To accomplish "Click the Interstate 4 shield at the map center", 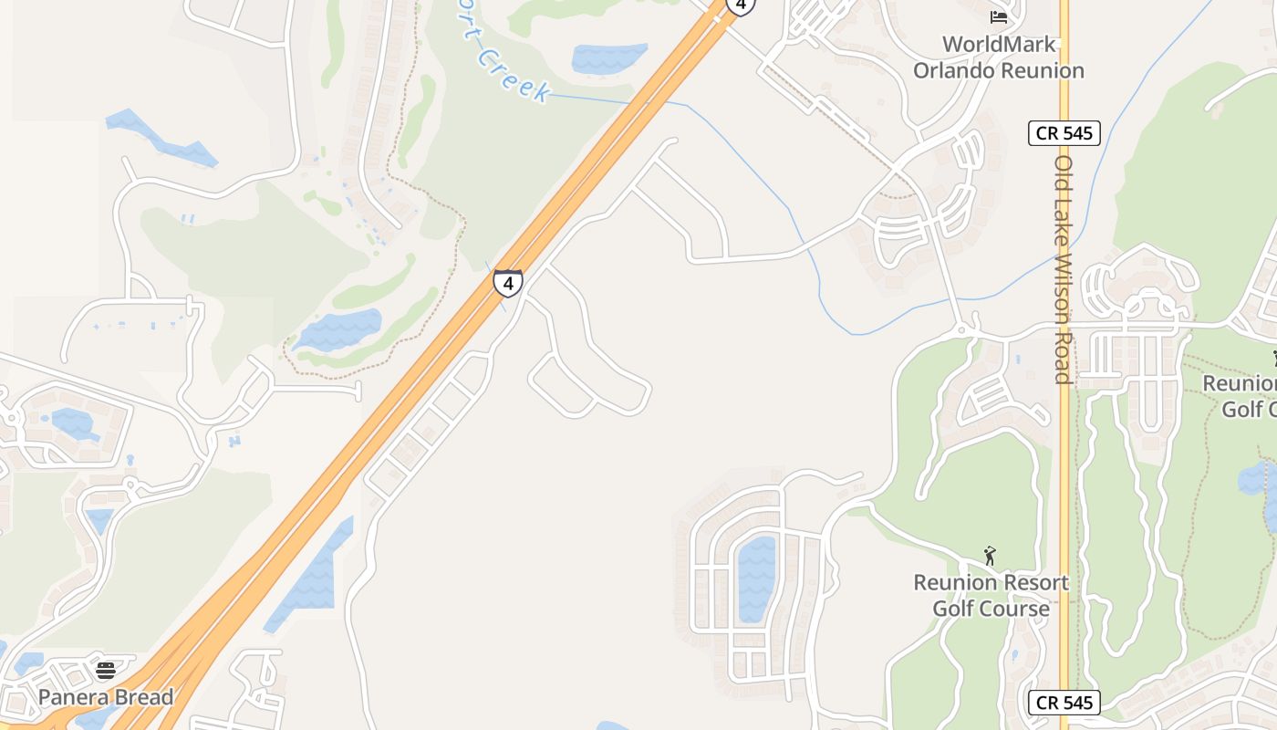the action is coord(508,283).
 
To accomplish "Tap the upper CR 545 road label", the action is coord(1064,133).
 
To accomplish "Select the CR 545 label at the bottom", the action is coord(1064,703).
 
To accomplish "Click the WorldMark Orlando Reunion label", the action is coord(999,57).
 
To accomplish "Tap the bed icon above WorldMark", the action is coord(999,16).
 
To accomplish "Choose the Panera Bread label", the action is coord(105,697).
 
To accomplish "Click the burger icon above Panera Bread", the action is coord(106,671).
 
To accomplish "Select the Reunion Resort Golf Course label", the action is coord(991,595).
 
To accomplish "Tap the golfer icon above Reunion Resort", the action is coord(990,555).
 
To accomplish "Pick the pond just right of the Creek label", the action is coord(608,58).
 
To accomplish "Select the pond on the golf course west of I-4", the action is coord(338,329).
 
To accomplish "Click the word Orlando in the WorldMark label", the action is coord(955,70).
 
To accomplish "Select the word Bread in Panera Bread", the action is coord(141,697).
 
